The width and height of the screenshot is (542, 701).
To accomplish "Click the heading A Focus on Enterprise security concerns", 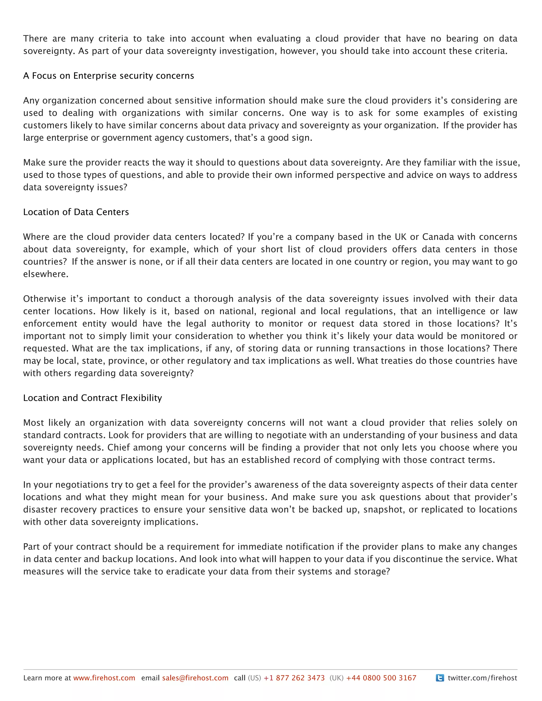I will [x=109, y=76].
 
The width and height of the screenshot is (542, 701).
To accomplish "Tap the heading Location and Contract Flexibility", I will [x=92, y=398].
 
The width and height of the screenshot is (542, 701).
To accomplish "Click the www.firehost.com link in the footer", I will [x=104, y=678].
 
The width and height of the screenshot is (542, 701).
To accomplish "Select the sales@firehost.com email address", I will [x=195, y=678].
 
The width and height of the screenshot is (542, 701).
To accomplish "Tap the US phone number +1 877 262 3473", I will [x=294, y=678].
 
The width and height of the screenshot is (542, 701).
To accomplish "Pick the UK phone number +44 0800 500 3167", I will [x=381, y=678].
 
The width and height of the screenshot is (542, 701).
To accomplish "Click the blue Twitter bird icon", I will [x=440, y=678].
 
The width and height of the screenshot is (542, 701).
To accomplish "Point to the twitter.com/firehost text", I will [x=482, y=678].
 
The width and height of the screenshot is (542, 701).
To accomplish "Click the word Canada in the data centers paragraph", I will [x=438, y=237].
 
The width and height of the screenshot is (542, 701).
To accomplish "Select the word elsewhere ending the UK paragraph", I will [x=45, y=274].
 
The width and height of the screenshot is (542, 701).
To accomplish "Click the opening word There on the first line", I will [x=35, y=39].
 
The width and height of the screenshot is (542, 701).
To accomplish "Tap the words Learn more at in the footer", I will [x=47, y=678].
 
